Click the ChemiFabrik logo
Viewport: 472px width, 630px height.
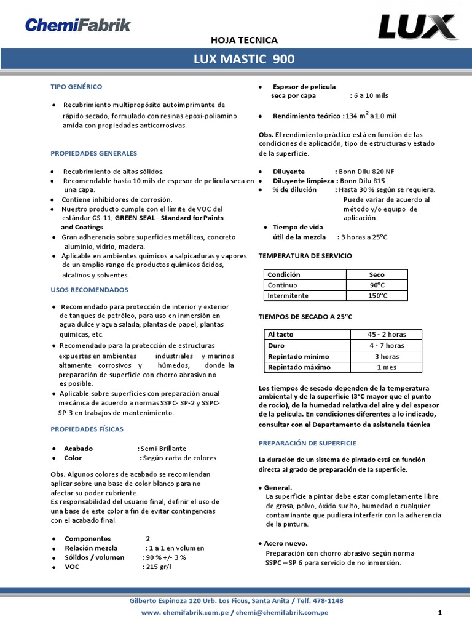tap(77, 25)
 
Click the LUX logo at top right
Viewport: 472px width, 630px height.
tap(417, 27)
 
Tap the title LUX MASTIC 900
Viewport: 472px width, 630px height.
tap(244, 60)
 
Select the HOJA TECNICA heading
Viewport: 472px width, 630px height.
tap(244, 40)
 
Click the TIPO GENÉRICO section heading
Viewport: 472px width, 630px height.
tap(76, 87)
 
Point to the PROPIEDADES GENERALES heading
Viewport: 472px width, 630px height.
tap(93, 153)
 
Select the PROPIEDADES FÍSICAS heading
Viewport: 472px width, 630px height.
tap(87, 429)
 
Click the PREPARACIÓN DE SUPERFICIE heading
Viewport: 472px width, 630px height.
tap(307, 443)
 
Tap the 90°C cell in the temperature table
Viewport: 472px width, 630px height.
tap(376, 285)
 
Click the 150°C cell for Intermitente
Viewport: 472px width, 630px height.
tap(376, 296)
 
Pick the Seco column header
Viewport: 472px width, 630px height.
tap(376, 274)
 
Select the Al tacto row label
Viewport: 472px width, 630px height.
tap(281, 334)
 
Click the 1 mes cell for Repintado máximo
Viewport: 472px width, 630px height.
tap(387, 367)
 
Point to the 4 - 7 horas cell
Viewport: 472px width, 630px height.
tap(387, 345)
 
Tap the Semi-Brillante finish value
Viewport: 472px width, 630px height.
tap(163, 449)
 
